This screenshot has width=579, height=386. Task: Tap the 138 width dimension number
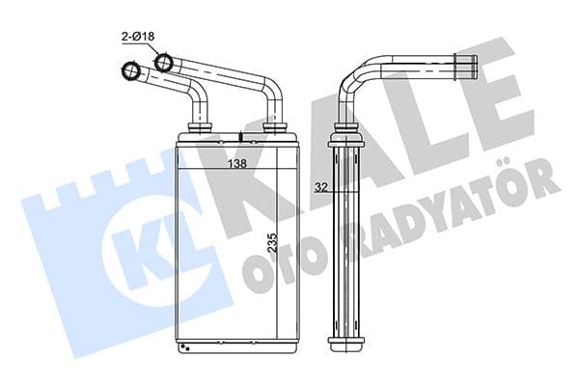click(x=235, y=164)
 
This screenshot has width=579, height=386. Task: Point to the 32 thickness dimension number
click(x=320, y=189)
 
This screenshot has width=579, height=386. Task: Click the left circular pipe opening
click(x=129, y=71)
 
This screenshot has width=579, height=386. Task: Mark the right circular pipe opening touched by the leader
click(x=163, y=64)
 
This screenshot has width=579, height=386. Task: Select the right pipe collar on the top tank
click(x=274, y=126)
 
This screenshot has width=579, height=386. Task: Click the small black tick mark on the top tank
click(x=236, y=136)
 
